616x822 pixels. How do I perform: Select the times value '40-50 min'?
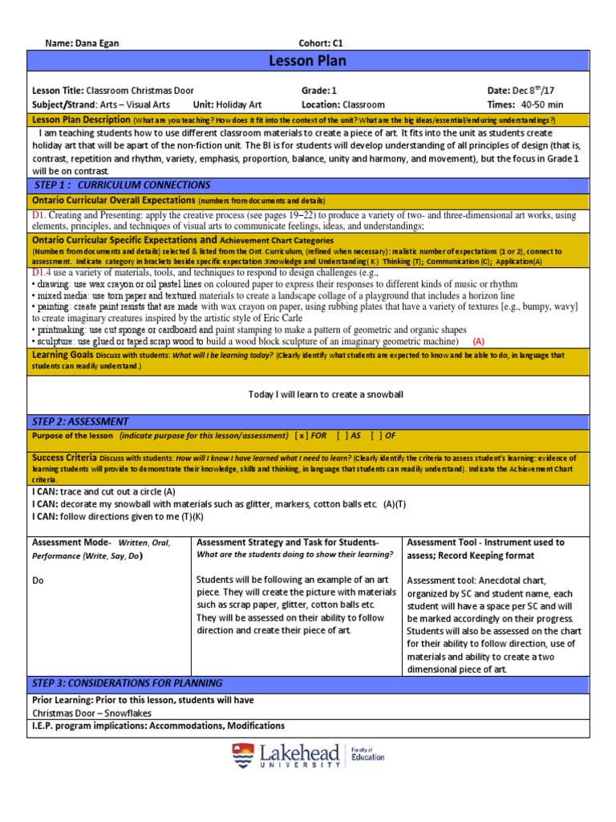[x=542, y=104]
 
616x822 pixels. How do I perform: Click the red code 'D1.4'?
[x=41, y=272]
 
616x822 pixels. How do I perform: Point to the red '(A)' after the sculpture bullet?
[x=479, y=340]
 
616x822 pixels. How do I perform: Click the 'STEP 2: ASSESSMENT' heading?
[x=79, y=421]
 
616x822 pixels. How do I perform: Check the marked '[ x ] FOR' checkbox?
[x=311, y=436]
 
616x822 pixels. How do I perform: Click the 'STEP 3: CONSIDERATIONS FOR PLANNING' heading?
[x=128, y=683]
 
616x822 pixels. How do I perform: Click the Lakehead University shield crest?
[x=242, y=756]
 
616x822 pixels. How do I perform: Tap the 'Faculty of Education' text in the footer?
[x=368, y=753]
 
